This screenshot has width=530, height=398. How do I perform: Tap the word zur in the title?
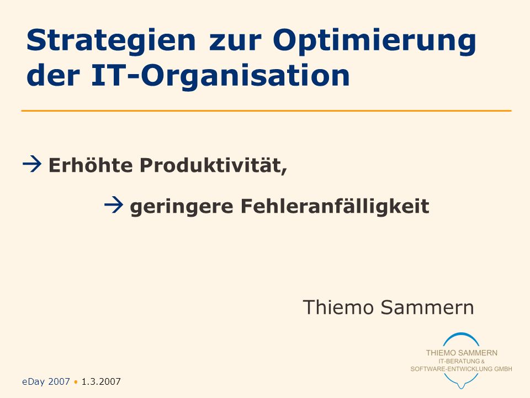coord(235,43)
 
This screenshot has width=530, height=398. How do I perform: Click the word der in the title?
coord(53,75)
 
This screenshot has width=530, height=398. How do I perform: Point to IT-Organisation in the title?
coord(220,76)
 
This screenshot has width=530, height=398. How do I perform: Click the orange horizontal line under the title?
coord(266,111)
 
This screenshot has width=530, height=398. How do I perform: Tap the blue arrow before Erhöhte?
coord(32,164)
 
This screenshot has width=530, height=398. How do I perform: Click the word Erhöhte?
coord(91,165)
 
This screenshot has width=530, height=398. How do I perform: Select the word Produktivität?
coord(213,165)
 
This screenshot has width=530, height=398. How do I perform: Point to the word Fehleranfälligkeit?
coord(335,206)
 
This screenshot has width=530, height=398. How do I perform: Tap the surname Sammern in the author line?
coord(427,307)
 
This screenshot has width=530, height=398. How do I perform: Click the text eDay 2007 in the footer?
coord(46,382)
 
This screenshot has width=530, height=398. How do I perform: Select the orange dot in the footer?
coord(76,382)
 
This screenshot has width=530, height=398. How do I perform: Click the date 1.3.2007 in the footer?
coord(101,382)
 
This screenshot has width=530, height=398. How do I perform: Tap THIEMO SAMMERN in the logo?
coord(462,353)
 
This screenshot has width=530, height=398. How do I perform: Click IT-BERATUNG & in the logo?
coord(462,361)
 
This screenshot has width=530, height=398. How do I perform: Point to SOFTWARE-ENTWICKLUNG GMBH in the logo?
coord(462,369)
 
